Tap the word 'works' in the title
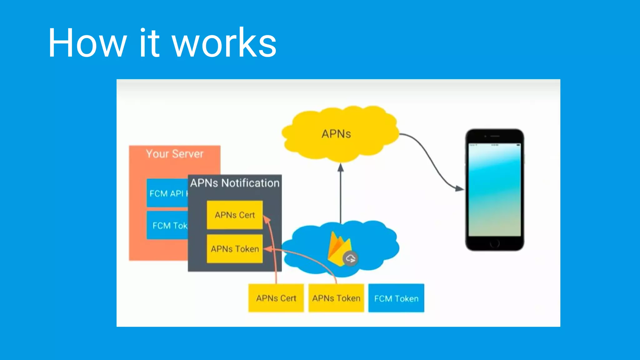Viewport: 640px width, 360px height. point(224,43)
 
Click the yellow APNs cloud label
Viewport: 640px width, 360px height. point(336,134)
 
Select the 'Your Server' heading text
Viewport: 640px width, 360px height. point(174,154)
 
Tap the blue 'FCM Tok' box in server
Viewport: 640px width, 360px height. point(167,225)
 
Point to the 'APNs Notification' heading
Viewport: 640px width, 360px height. point(235,183)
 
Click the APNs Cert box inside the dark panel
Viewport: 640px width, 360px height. point(235,215)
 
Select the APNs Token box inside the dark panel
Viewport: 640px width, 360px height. point(235,249)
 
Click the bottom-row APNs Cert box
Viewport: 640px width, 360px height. point(276,298)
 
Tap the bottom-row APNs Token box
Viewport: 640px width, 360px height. point(336,298)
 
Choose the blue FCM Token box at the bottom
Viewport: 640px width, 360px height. point(396,298)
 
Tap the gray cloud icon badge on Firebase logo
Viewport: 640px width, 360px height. point(350,259)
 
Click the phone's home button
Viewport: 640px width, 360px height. point(495,243)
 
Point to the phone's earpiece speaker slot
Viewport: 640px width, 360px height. point(495,136)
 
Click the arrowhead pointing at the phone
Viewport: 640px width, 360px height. point(459,188)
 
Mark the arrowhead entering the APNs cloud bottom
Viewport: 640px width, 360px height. point(341,168)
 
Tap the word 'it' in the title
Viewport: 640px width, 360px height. point(149,43)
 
